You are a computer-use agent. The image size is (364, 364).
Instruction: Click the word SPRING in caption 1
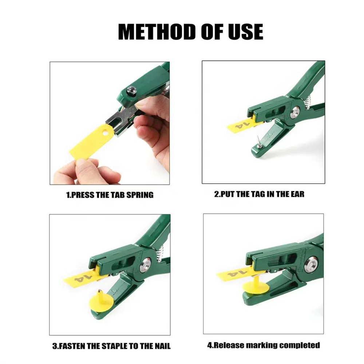coord(140,195)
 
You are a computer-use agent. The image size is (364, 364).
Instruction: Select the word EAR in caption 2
coord(298,194)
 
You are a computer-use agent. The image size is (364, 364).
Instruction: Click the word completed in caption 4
coord(300,345)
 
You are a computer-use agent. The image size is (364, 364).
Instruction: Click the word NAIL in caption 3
coord(163,346)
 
